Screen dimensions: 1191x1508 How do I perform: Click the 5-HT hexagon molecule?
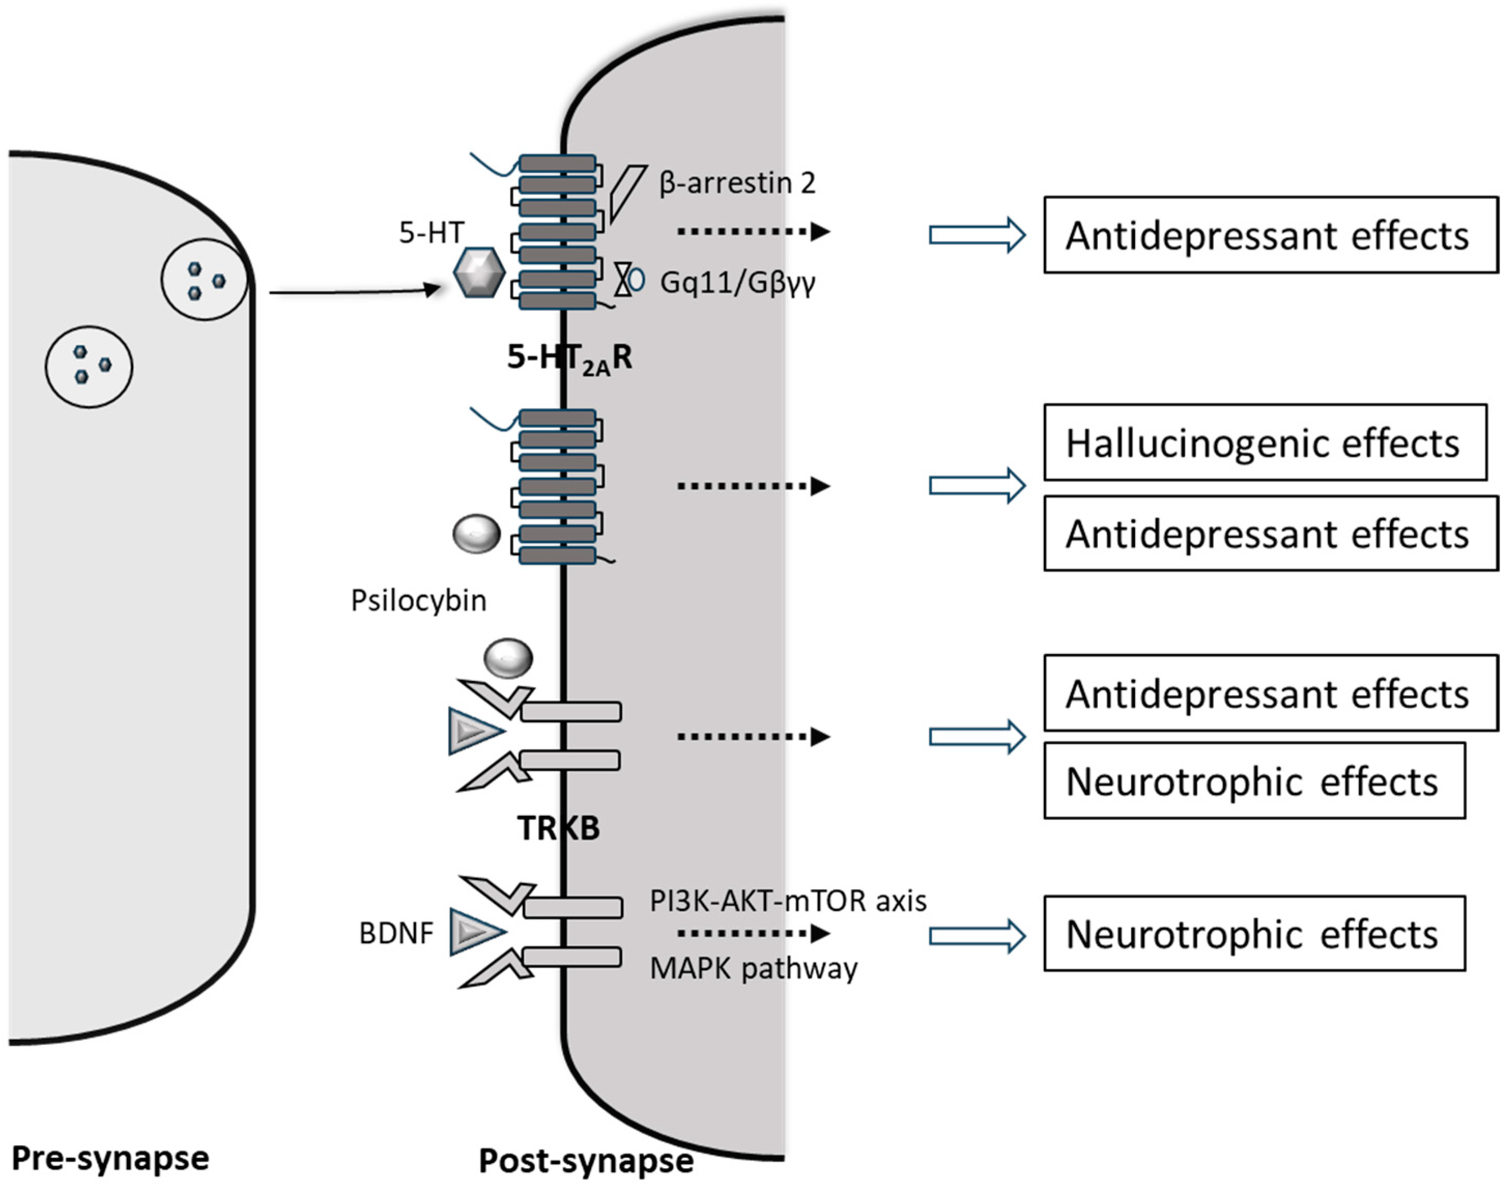click(478, 273)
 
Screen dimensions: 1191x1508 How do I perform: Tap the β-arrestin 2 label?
click(737, 183)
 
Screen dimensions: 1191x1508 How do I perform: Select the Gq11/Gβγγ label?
click(737, 282)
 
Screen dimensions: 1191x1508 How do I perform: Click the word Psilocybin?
click(418, 600)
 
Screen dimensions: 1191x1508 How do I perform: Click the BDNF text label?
click(396, 933)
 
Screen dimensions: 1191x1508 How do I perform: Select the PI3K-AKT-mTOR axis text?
click(787, 901)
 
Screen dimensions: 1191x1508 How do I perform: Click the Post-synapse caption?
click(585, 1161)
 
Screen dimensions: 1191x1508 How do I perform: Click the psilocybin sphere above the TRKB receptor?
click(509, 658)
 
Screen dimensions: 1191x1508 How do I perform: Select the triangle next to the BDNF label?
click(474, 931)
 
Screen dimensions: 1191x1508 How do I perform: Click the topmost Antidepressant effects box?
click(1270, 235)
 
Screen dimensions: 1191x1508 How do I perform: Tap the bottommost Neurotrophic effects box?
click(1254, 934)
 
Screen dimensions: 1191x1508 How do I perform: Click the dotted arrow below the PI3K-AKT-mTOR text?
click(753, 933)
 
